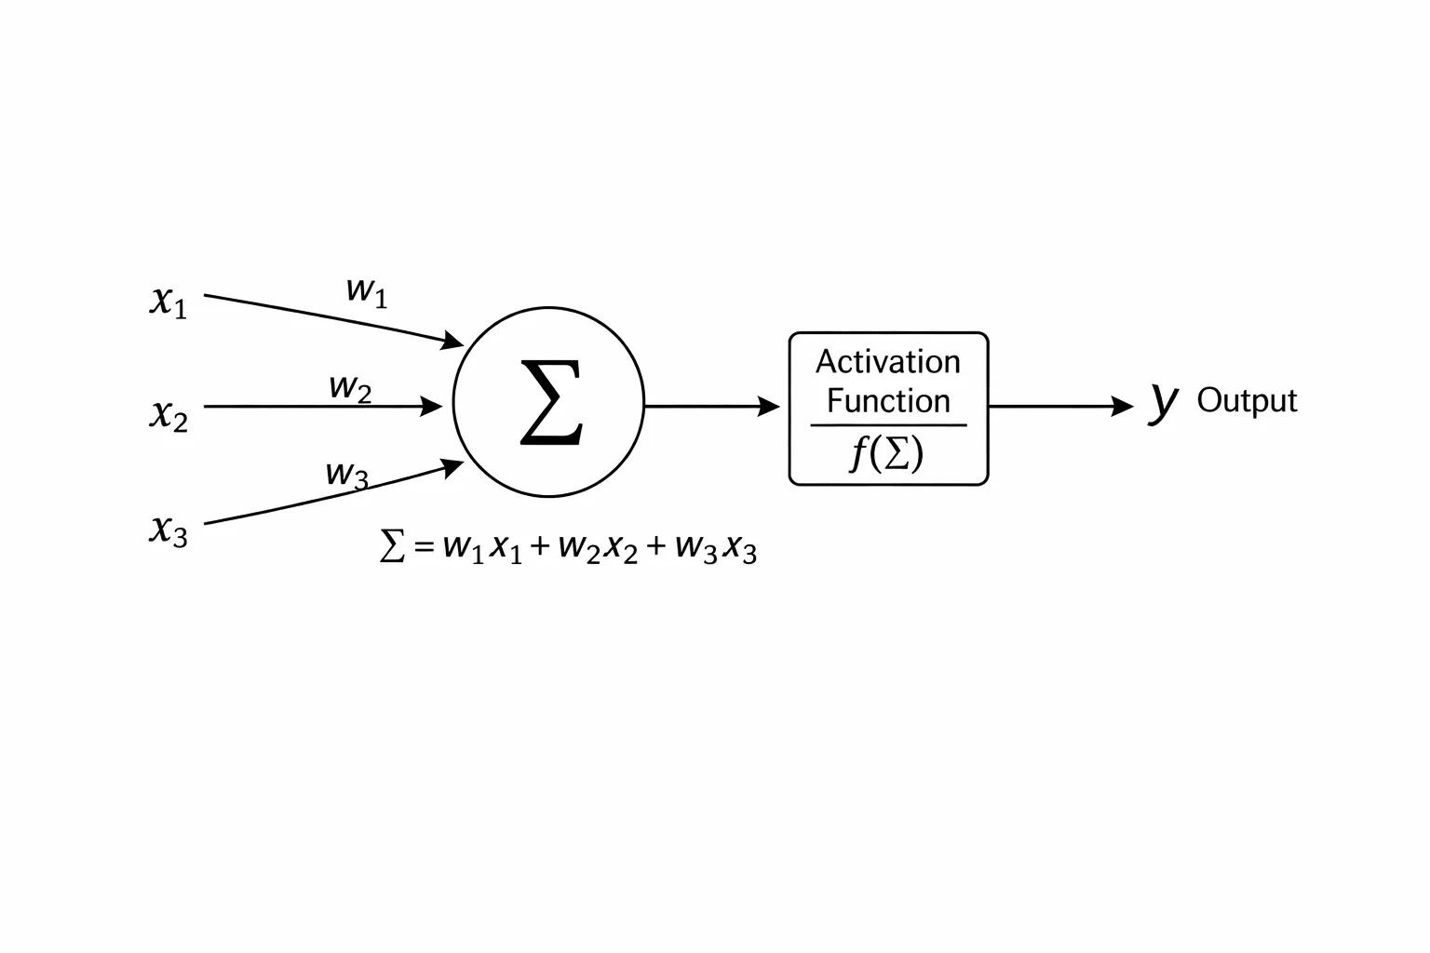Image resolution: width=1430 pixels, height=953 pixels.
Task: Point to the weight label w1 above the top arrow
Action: pos(367,293)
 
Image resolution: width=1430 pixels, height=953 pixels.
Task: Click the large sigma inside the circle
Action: pos(551,402)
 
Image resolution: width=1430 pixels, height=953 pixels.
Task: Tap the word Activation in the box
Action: pos(888,362)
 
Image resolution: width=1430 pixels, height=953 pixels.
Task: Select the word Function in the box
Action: pos(889,401)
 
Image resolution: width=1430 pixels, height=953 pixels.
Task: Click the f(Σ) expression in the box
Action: pos(886,453)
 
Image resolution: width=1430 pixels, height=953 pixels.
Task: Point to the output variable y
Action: pos(1164,403)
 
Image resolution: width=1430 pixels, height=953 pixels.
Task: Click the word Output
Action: pos(1247,401)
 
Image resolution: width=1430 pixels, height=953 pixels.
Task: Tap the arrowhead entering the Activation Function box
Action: pos(769,406)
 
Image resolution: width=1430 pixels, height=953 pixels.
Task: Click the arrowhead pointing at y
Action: pos(1122,406)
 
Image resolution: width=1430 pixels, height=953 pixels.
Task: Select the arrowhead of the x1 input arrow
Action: pos(452,341)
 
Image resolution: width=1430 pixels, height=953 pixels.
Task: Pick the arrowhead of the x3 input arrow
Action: pos(452,468)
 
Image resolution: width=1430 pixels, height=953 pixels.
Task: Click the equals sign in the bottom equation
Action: pos(424,546)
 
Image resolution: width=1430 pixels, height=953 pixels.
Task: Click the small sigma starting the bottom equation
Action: pos(392,545)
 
